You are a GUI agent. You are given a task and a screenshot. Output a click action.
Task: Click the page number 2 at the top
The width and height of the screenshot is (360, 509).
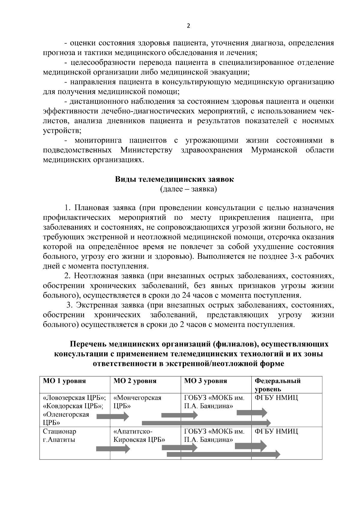coord(188,26)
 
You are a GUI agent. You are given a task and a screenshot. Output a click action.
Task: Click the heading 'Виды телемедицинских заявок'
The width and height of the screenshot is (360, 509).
coord(174,180)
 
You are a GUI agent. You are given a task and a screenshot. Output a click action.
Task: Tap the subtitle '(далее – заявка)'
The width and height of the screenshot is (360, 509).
coord(188,189)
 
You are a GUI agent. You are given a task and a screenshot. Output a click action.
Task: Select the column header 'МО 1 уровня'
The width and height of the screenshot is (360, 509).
coord(64,381)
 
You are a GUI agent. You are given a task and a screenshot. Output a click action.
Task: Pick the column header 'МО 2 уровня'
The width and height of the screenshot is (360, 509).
coord(135,381)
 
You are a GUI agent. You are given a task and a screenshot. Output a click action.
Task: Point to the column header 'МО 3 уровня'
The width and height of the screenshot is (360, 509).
coord(205,381)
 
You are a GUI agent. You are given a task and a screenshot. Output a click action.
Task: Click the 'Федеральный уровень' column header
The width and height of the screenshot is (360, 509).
coord(277,385)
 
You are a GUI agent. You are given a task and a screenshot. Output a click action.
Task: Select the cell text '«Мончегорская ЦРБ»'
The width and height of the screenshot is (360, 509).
coord(137,402)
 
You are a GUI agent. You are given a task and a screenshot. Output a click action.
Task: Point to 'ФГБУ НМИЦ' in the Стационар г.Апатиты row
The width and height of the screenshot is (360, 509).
coord(276,432)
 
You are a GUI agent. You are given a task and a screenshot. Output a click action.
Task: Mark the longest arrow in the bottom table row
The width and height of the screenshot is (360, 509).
coord(223,454)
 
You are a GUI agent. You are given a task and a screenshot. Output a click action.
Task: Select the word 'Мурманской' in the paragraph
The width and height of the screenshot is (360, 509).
coord(274,150)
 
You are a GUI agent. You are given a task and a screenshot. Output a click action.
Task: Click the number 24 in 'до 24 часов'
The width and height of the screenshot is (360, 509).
coord(186,295)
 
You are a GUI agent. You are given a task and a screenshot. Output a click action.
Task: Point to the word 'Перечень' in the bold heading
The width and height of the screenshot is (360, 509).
coord(88,344)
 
